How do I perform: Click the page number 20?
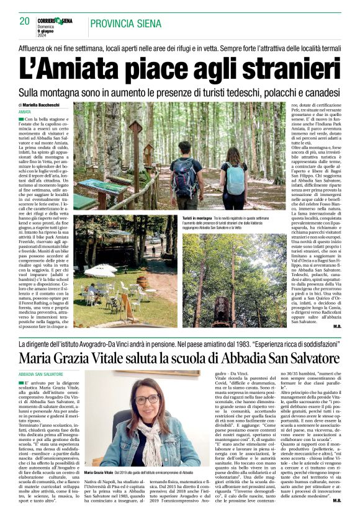point(25,21)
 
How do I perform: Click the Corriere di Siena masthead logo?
point(58,20)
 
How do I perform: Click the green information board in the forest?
point(101,187)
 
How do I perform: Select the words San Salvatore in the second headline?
point(286,358)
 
